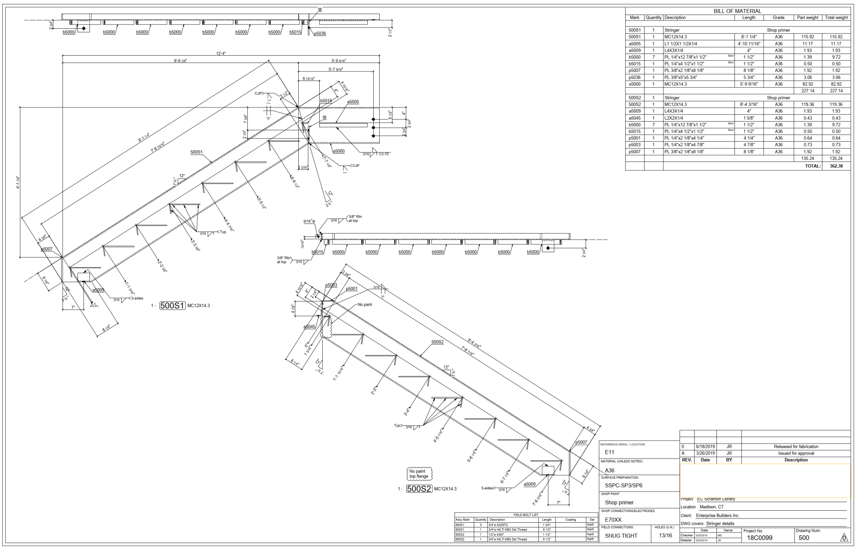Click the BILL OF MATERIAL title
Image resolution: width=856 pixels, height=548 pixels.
point(737,11)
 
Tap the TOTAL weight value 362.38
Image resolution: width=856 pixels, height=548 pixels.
point(836,166)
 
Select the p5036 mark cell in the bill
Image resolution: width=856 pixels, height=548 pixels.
point(634,77)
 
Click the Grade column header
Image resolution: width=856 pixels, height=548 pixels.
point(778,18)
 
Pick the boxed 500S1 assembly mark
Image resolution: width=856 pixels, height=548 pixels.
point(172,306)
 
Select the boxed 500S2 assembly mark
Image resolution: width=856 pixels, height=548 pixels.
point(419,488)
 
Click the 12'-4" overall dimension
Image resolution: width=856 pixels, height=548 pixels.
point(221,54)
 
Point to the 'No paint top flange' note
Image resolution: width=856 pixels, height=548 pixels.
point(419,474)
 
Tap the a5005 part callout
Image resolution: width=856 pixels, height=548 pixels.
point(353,102)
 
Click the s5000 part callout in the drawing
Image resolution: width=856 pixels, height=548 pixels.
point(339,151)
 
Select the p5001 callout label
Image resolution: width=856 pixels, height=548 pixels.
point(351,289)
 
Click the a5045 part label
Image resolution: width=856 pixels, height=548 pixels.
point(309,327)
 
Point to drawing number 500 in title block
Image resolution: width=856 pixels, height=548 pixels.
point(804,538)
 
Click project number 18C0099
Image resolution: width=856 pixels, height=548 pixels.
point(760,538)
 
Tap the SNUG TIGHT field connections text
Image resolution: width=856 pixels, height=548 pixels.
point(621,536)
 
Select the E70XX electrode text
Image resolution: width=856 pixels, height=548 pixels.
point(613,520)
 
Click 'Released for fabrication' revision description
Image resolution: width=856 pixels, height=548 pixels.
point(796,447)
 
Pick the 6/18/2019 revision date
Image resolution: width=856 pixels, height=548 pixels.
point(705,447)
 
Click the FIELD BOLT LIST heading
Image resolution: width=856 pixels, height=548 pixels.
point(526,515)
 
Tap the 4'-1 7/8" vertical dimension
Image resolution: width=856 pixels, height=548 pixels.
point(18,182)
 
